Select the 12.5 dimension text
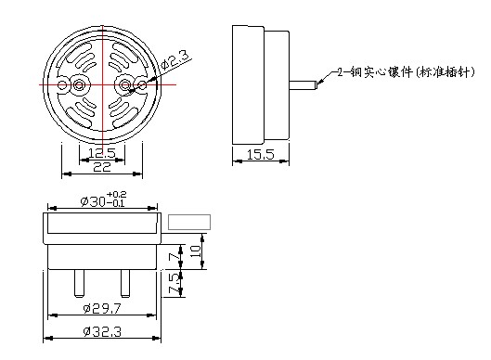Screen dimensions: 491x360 tap(102, 153)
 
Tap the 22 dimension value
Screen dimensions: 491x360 tap(102, 167)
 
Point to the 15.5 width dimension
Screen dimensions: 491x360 tap(260, 155)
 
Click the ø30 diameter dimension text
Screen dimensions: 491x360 tap(93, 201)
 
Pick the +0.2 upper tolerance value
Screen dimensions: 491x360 tap(117, 195)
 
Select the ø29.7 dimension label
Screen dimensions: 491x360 tap(102, 309)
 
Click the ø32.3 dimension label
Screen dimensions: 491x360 tap(102, 331)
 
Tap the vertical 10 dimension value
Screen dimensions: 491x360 tap(196, 251)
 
